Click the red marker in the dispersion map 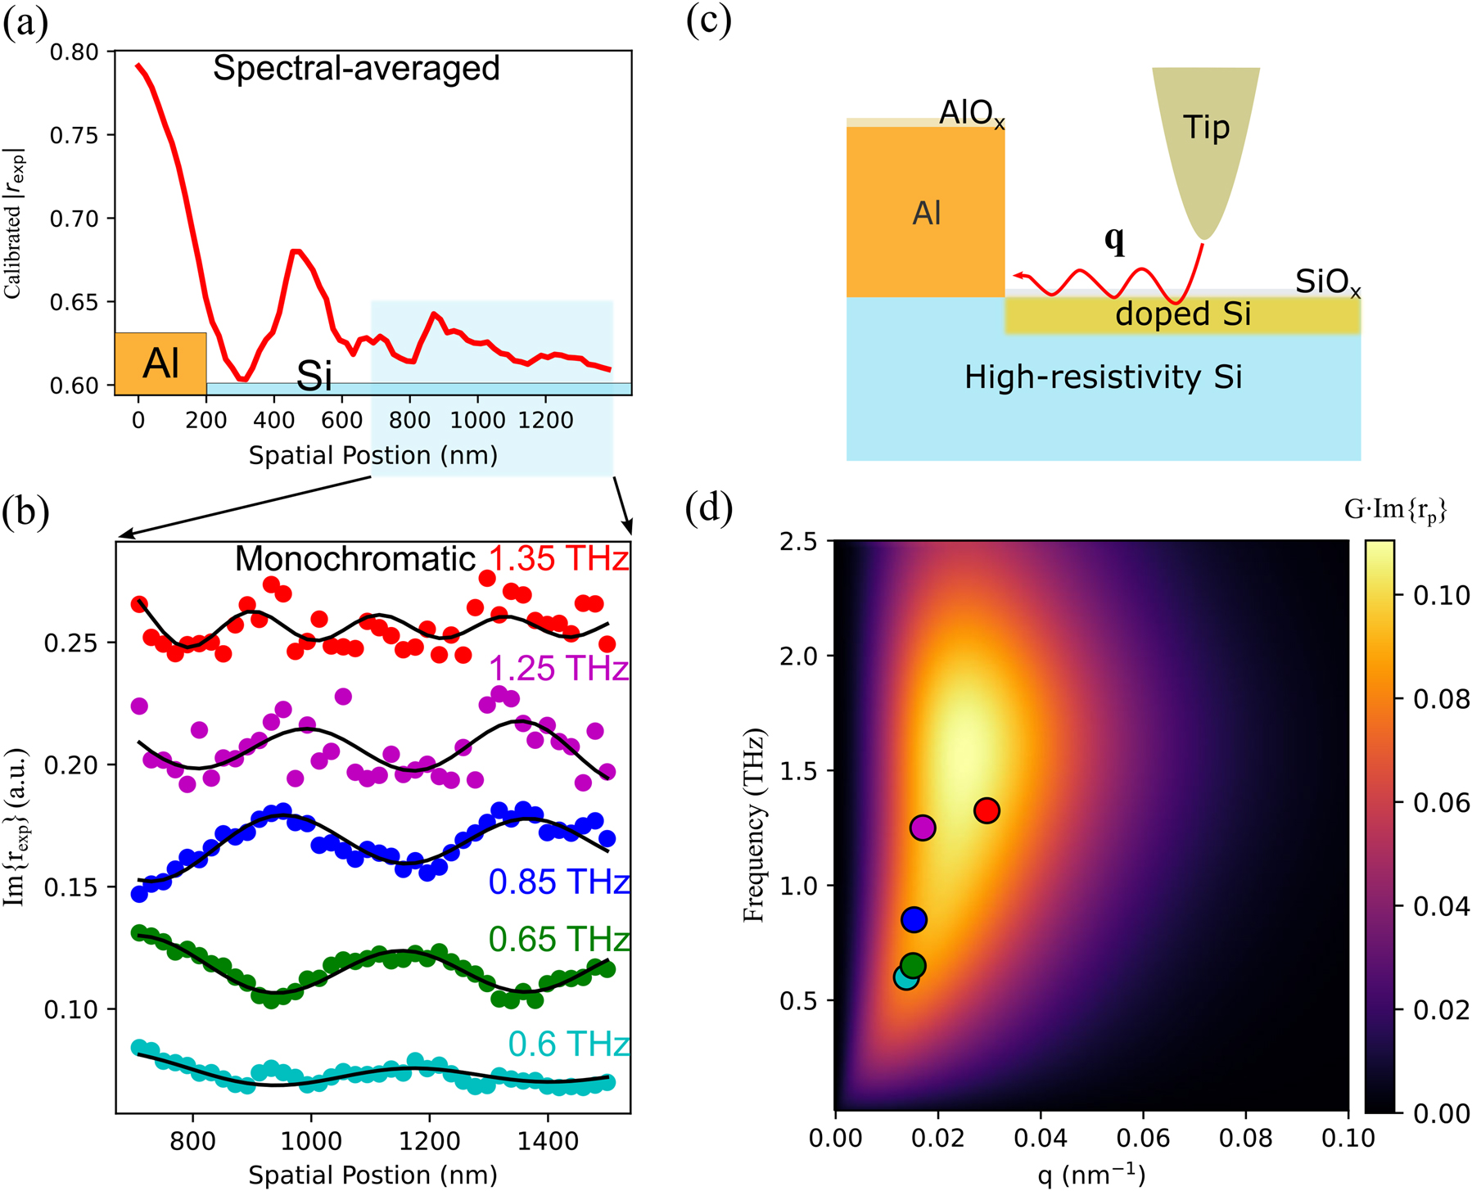tap(987, 810)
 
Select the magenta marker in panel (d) tap(923, 828)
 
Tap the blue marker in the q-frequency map tap(914, 919)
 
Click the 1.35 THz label tap(558, 559)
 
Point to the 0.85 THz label tap(558, 882)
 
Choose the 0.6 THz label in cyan tap(568, 1044)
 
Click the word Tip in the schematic tap(1206, 128)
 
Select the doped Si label tap(1183, 314)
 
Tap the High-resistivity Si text tap(1103, 377)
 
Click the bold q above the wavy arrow tap(1114, 239)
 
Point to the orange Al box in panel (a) tap(160, 363)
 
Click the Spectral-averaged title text tap(356, 68)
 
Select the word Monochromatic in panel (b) tap(354, 559)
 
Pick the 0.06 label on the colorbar tap(1441, 802)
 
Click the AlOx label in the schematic tap(972, 113)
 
